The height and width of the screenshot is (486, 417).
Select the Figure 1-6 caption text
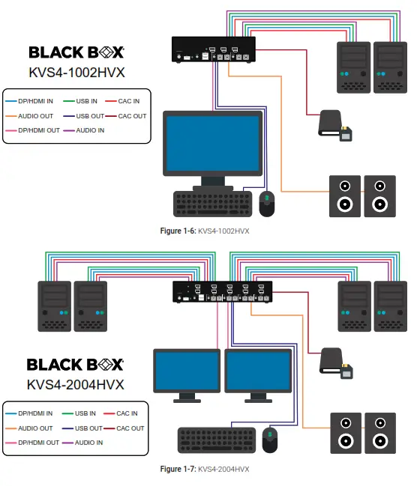[x=205, y=231]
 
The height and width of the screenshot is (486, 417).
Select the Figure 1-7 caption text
[x=205, y=469]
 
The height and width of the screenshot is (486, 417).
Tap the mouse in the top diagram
[x=266, y=203]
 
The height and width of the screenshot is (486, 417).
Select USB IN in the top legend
[x=87, y=100]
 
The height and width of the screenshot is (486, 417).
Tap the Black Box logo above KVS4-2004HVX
[x=76, y=365]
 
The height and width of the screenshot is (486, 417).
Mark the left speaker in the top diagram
[x=344, y=195]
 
